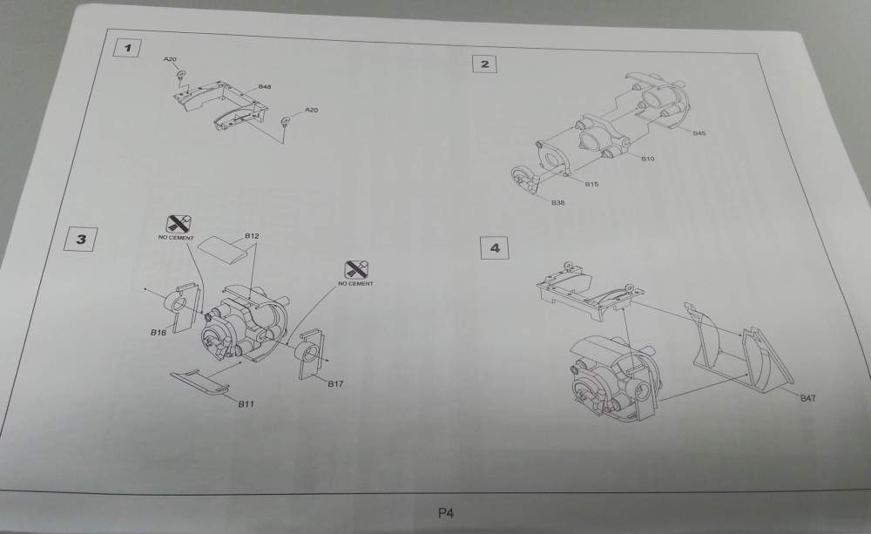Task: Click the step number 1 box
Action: coord(129,47)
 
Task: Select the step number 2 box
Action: coord(484,64)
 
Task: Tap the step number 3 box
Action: coord(81,239)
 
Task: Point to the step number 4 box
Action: coord(495,248)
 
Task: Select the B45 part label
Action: coord(699,132)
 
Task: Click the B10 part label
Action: coord(647,159)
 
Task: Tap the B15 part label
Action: coord(591,184)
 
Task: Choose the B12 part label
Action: coord(253,236)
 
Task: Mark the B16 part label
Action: coord(158,333)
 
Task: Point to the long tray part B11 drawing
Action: coord(199,380)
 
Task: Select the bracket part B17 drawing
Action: coord(309,352)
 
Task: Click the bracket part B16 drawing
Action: coord(179,308)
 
